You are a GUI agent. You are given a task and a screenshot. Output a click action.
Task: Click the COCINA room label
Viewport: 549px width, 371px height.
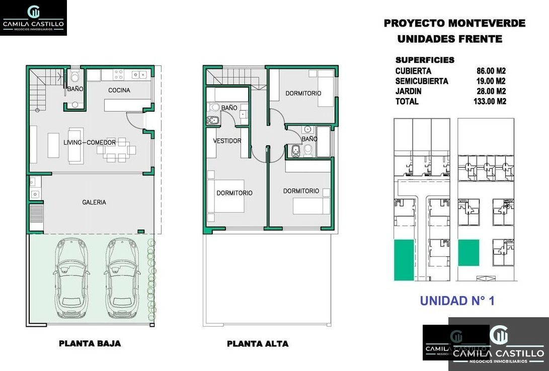point(119,90)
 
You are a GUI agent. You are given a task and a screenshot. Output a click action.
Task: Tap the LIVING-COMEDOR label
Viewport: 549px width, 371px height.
point(90,142)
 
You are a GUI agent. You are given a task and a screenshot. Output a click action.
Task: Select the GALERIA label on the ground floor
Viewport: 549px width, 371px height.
point(94,202)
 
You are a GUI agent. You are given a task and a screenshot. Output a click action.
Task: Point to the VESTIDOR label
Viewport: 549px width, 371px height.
point(227,141)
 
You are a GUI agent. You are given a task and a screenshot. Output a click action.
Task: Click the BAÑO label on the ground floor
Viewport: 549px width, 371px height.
point(75,89)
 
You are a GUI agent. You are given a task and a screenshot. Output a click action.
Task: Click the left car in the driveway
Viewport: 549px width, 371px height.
point(71,278)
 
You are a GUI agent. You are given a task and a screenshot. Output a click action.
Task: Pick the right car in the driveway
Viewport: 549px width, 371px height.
point(121,278)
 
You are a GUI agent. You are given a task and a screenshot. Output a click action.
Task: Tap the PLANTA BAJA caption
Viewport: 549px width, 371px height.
point(90,343)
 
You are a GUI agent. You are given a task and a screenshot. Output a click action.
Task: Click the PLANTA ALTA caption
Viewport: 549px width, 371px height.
point(258,344)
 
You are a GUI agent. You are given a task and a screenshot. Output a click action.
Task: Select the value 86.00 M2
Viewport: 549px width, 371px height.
point(491,71)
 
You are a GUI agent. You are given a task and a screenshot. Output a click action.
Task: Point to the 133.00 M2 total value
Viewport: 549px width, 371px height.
point(490,102)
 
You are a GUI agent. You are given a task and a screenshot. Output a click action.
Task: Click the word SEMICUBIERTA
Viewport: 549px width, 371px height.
point(422,81)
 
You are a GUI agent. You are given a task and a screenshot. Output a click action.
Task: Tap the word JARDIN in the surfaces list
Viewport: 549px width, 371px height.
point(408,91)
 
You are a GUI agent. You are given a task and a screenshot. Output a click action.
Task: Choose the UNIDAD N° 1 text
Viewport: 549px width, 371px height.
point(457,301)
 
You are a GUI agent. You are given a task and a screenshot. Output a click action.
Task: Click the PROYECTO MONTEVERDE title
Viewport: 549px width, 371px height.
point(454,23)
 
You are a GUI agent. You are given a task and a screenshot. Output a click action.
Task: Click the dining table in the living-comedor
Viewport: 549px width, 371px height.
point(117,150)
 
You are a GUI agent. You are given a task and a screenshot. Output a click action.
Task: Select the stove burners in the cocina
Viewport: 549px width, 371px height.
point(118,74)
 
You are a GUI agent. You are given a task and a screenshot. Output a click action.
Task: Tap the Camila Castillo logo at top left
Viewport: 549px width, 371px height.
point(33,18)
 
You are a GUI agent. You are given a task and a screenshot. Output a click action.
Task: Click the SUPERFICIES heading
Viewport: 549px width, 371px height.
point(425,60)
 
